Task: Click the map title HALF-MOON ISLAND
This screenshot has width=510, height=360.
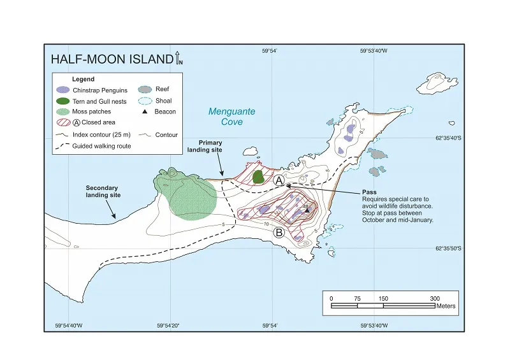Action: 111,59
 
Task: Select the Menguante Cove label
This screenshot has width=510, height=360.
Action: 232,117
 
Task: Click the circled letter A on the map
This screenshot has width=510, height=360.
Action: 278,180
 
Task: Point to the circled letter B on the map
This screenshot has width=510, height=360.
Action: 279,233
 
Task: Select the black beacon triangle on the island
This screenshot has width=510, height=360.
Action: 307,211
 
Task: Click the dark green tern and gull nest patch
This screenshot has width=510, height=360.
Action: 258,176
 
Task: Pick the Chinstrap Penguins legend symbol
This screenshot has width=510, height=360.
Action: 62,90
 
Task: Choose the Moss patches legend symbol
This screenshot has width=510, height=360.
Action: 62,112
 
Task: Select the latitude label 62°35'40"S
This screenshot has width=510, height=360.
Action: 447,137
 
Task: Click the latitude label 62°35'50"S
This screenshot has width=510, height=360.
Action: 447,248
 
